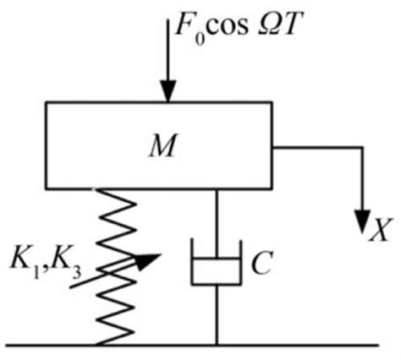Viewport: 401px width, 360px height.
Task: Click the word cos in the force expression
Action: (220, 22)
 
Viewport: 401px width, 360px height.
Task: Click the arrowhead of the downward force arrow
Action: (168, 91)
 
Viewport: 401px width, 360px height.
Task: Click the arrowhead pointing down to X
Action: (363, 221)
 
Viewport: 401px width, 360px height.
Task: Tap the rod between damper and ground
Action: (217, 317)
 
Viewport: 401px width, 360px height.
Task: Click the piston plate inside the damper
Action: (217, 263)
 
